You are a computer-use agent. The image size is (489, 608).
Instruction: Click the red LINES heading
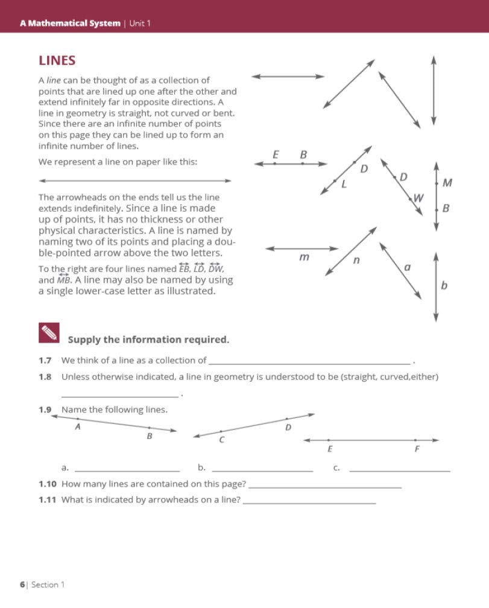(x=57, y=61)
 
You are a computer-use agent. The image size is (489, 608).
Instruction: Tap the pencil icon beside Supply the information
(x=49, y=332)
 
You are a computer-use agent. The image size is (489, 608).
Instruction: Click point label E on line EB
(x=276, y=155)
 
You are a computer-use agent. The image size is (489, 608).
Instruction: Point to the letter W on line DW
(x=418, y=197)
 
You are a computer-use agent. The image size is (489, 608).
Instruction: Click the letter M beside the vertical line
(x=447, y=182)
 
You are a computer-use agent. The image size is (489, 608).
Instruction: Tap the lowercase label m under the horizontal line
(x=304, y=258)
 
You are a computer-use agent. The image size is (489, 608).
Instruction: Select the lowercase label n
(x=356, y=261)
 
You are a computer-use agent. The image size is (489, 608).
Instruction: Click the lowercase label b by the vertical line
(x=444, y=285)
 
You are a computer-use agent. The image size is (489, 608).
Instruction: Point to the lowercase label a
(x=407, y=266)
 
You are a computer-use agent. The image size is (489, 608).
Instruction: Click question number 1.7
(x=45, y=361)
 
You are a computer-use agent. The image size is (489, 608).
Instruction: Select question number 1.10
(x=48, y=484)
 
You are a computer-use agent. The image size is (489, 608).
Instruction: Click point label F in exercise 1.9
(x=417, y=449)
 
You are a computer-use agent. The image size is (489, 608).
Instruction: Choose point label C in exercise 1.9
(x=222, y=440)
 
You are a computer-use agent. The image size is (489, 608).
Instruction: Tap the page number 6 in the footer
(x=22, y=584)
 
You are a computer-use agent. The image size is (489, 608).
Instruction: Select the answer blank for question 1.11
(x=309, y=501)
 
